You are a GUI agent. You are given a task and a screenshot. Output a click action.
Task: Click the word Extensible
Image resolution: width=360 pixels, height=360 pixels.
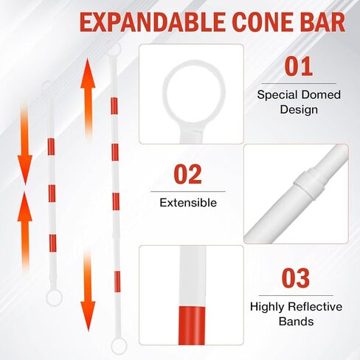coord(189,201)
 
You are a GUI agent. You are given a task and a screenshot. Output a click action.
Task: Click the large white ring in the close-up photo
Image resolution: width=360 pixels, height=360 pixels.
coord(191,94)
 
